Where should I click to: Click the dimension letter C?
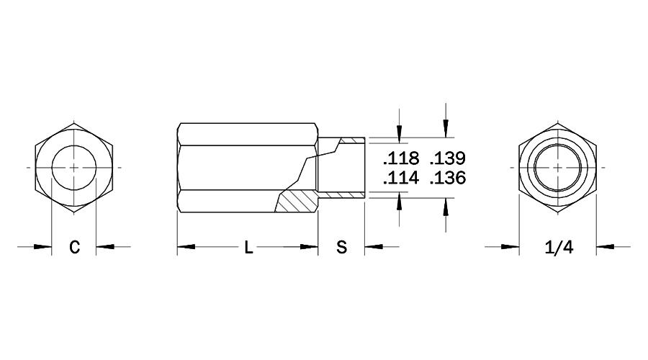(x=74, y=248)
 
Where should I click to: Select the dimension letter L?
(x=248, y=248)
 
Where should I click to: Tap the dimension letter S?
(x=342, y=248)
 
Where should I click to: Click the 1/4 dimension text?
(x=559, y=248)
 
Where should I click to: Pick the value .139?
(x=447, y=158)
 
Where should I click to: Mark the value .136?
(x=447, y=178)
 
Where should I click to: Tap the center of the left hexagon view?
(x=74, y=168)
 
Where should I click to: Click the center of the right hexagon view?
(x=559, y=168)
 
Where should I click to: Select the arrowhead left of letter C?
(x=44, y=247)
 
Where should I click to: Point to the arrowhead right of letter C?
(x=104, y=247)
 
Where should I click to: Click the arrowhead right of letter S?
(x=374, y=247)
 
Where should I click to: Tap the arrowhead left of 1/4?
(x=512, y=247)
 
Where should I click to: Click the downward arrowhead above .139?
(x=446, y=129)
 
